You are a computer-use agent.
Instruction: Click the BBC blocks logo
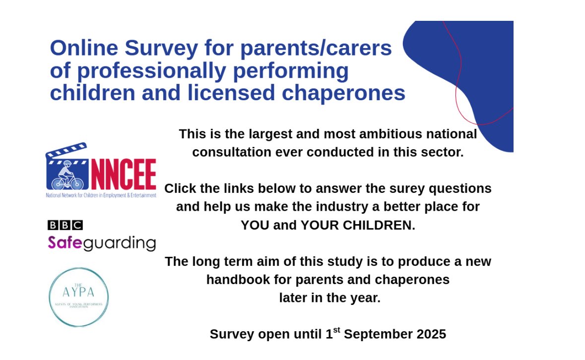(x=65, y=225)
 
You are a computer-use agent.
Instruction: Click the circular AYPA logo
(x=78, y=297)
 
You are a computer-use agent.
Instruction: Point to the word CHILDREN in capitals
(x=382, y=225)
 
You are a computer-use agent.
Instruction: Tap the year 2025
(x=429, y=334)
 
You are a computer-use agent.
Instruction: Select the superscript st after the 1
(x=336, y=330)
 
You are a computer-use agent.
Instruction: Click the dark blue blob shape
(x=476, y=74)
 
